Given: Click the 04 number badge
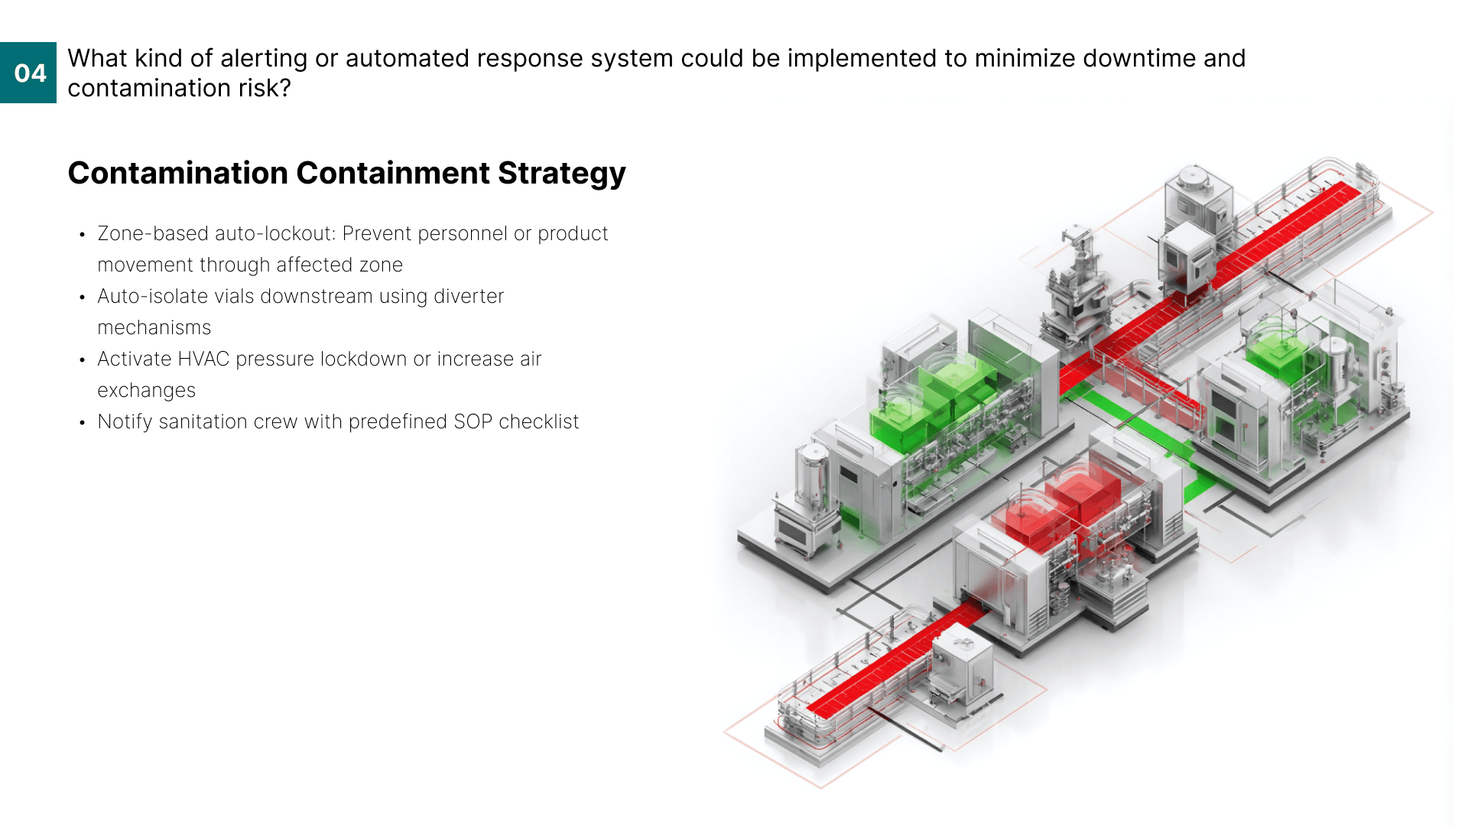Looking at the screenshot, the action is tap(29, 73).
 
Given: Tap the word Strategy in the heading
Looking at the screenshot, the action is tap(561, 174).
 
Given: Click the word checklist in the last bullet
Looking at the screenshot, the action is tap(538, 421).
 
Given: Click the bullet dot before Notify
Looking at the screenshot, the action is tap(82, 423).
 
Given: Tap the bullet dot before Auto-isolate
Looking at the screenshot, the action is tap(82, 298).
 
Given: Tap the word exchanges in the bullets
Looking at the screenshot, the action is tap(146, 390).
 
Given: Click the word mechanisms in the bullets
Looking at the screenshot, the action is tap(154, 327).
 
